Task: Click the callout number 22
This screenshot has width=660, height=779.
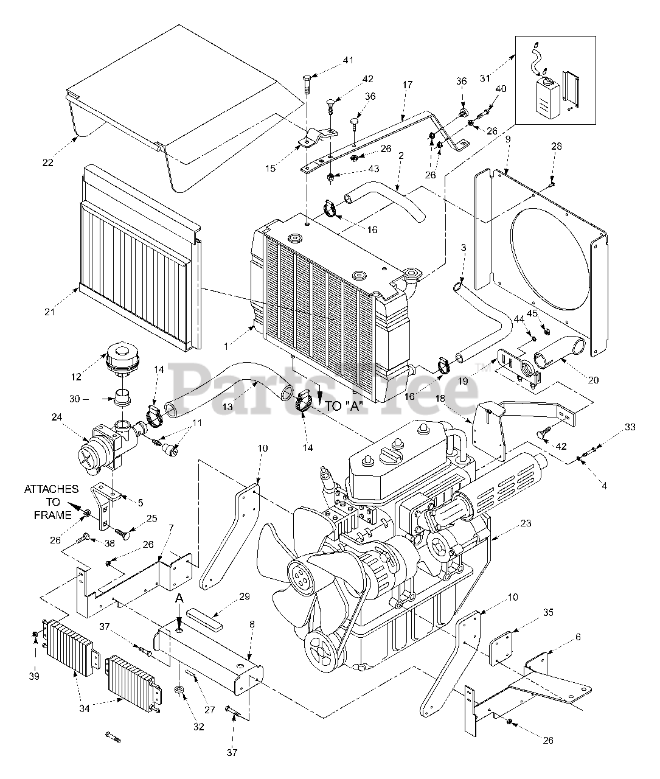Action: pyautogui.click(x=48, y=163)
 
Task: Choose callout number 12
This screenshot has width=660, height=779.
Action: pyautogui.click(x=76, y=377)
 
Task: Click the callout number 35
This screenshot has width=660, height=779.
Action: pyautogui.click(x=547, y=613)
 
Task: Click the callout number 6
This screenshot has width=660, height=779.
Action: pyautogui.click(x=577, y=637)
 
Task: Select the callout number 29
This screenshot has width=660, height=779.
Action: pyautogui.click(x=227, y=597)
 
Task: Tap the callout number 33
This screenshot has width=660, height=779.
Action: pyautogui.click(x=630, y=427)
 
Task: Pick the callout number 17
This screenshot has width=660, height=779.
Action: pyautogui.click(x=407, y=85)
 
